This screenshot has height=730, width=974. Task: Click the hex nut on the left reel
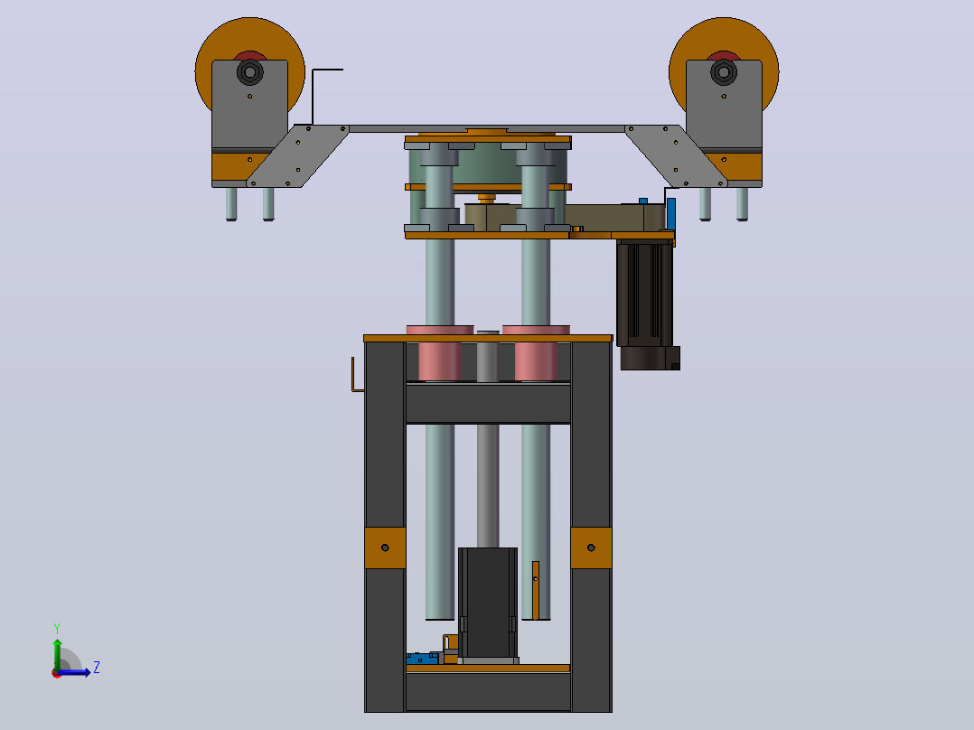249,72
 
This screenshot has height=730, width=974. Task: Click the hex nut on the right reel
724,72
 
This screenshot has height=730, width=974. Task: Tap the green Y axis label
57,628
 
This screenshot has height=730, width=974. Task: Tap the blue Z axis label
97,668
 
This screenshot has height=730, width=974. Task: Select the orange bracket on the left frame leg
385,548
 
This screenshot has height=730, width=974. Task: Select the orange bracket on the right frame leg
591,548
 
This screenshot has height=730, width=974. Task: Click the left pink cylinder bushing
440,353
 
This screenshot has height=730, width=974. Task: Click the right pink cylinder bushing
536,353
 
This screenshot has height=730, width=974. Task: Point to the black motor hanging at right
647,304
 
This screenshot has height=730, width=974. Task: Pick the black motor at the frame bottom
488,603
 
